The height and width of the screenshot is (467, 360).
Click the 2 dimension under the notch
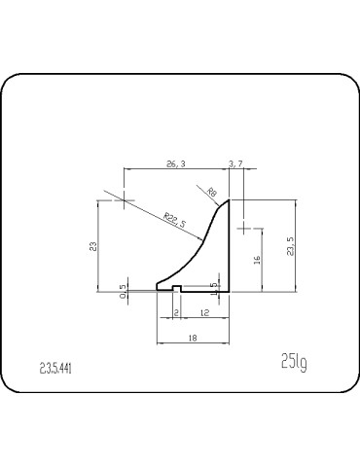pos(175,311)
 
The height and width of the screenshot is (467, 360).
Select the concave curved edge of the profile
pos(190,254)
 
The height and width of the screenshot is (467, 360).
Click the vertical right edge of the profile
pos(230,248)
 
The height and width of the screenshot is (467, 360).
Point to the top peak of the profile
pos(228,200)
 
